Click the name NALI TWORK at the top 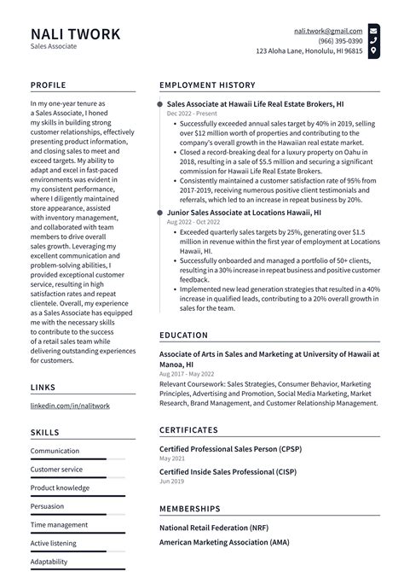[75, 34]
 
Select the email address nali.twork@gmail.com [328, 31]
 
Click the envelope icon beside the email [373, 31]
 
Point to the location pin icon [373, 51]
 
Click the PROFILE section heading [50, 85]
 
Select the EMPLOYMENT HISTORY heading [207, 85]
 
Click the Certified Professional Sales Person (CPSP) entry [230, 448]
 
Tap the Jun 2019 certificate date [172, 482]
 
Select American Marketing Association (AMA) [223, 543]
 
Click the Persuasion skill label [48, 506]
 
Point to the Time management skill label [59, 525]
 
